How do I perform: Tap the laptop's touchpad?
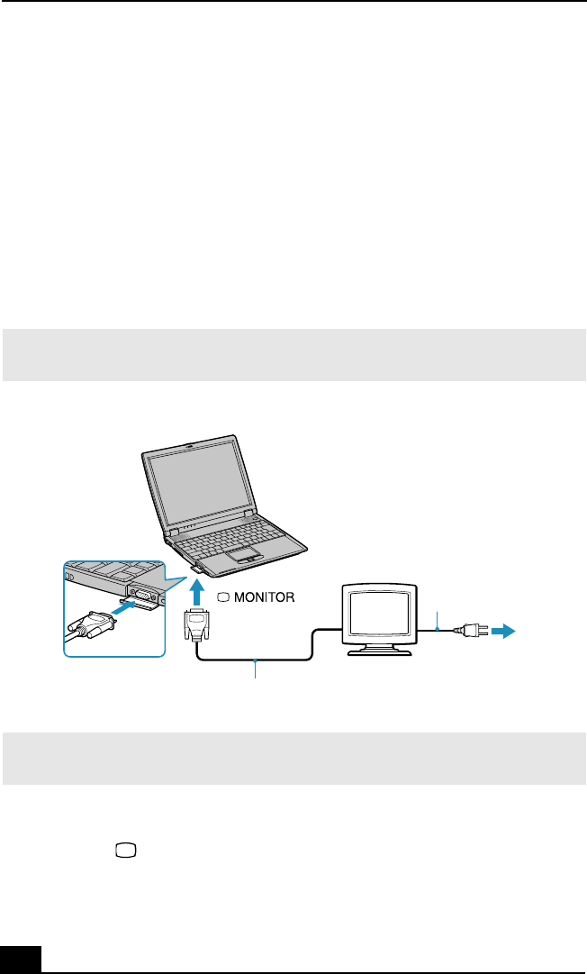[x=235, y=551]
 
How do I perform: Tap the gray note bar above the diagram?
[x=293, y=355]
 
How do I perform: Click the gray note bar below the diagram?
[x=293, y=757]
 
